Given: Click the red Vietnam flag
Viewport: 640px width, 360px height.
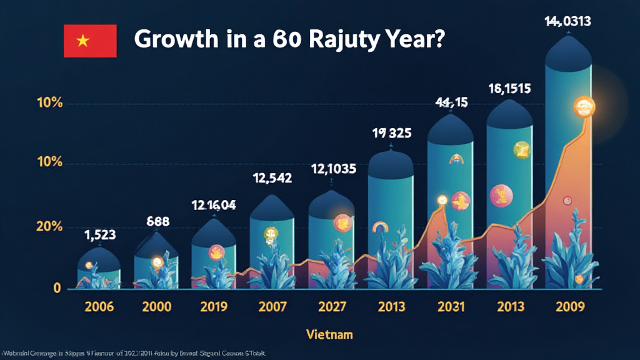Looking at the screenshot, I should (90, 41).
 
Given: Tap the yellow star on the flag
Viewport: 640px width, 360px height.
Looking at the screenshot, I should (82, 41).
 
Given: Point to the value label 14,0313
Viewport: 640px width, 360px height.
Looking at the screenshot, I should (567, 22).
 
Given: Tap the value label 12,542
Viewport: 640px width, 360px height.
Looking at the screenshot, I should (272, 178).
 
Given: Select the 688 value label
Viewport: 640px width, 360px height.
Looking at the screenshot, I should (158, 221).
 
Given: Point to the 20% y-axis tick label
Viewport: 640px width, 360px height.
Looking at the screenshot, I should (49, 226).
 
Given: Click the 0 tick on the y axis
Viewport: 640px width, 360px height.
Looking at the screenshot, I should (57, 288).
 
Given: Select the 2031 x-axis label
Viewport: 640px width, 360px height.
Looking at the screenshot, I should (450, 307).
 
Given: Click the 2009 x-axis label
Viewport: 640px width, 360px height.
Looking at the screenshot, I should (569, 307).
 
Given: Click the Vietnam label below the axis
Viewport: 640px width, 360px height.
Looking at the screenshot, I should (329, 334).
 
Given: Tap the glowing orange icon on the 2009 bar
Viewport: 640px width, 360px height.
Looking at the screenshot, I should (584, 107).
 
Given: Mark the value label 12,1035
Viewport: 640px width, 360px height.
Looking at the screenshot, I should (334, 169).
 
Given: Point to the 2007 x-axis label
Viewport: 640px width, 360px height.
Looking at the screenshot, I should (272, 307).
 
